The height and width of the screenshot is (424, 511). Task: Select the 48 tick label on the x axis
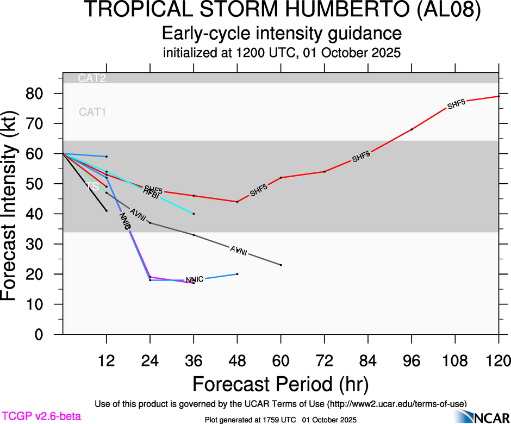pos(237,360)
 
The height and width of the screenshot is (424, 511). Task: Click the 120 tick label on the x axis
pos(498,360)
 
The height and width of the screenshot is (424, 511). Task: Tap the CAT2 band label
pos(92,78)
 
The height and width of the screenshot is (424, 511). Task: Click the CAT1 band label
pos(92,113)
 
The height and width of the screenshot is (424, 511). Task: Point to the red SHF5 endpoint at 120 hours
pos(499,96)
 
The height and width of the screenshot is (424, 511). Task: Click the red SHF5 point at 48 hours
pos(237,202)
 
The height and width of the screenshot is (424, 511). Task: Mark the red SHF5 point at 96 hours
pos(412,129)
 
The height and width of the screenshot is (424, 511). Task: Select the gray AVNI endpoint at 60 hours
pos(281,265)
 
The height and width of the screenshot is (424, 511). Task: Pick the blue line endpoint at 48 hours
pos(237,274)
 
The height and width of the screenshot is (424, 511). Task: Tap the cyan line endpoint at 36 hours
pos(194,214)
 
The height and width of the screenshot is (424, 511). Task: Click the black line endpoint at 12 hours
pos(107,211)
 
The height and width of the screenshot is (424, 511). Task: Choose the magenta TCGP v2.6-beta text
pos(41,416)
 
